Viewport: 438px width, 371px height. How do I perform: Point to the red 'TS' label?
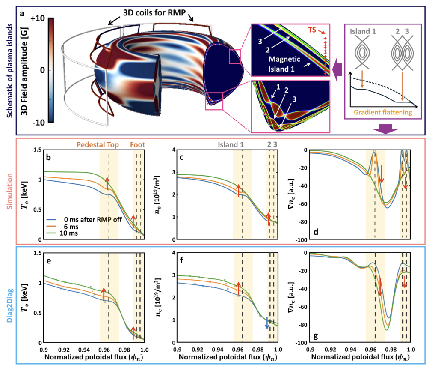pos(313,31)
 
